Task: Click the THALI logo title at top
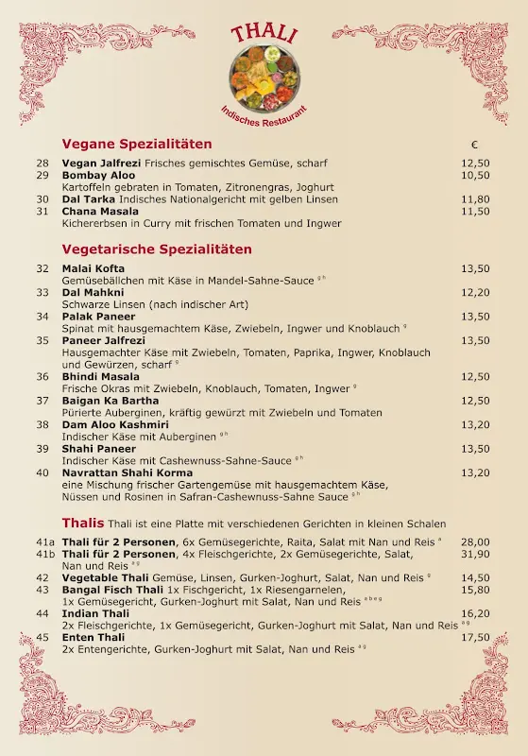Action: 264,34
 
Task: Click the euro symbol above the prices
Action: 474,145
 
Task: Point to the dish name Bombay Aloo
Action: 98,175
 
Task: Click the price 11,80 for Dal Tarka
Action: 475,199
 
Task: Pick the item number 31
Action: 43,211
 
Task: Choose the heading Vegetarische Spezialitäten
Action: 157,249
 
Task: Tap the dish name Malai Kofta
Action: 93,268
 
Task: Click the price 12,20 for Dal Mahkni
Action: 475,292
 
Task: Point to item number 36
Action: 43,376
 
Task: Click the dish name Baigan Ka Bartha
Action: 111,400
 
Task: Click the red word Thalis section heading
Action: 83,523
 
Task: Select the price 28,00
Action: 475,541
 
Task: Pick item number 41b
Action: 45,554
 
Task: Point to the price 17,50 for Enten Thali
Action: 475,638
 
